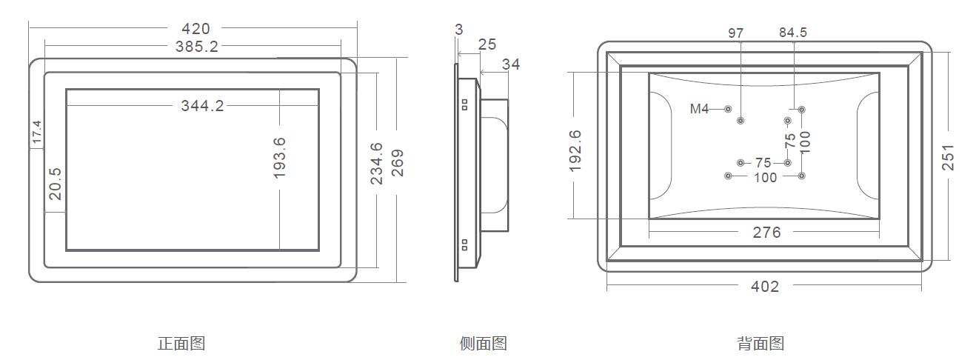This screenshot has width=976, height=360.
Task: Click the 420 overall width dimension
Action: pyautogui.click(x=195, y=29)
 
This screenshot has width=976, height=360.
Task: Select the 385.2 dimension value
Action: pyautogui.click(x=196, y=47)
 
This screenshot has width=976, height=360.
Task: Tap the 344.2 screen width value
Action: pyautogui.click(x=202, y=106)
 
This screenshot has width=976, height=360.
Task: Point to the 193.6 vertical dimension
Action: pyautogui.click(x=279, y=158)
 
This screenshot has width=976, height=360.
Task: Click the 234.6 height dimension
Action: pyautogui.click(x=377, y=163)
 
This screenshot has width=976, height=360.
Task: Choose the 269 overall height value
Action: pyautogui.click(x=398, y=163)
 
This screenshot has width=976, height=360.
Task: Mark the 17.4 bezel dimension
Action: pyautogui.click(x=36, y=133)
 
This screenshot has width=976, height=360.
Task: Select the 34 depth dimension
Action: pyautogui.click(x=511, y=64)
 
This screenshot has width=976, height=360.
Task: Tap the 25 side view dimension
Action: pyautogui.click(x=487, y=44)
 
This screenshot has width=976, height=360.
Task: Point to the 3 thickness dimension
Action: pyautogui.click(x=459, y=30)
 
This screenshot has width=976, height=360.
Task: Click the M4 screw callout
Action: pyautogui.click(x=700, y=109)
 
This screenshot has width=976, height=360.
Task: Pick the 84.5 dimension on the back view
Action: pyautogui.click(x=793, y=33)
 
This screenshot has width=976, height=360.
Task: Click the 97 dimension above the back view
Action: pyautogui.click(x=735, y=33)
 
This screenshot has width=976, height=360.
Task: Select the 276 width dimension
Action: pyautogui.click(x=766, y=233)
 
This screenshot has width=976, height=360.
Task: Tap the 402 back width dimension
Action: pyautogui.click(x=765, y=286)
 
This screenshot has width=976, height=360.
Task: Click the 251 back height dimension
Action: pyautogui.click(x=949, y=157)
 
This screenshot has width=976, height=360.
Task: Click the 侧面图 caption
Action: pyautogui.click(x=483, y=344)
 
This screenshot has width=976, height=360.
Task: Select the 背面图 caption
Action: pyautogui.click(x=761, y=344)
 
